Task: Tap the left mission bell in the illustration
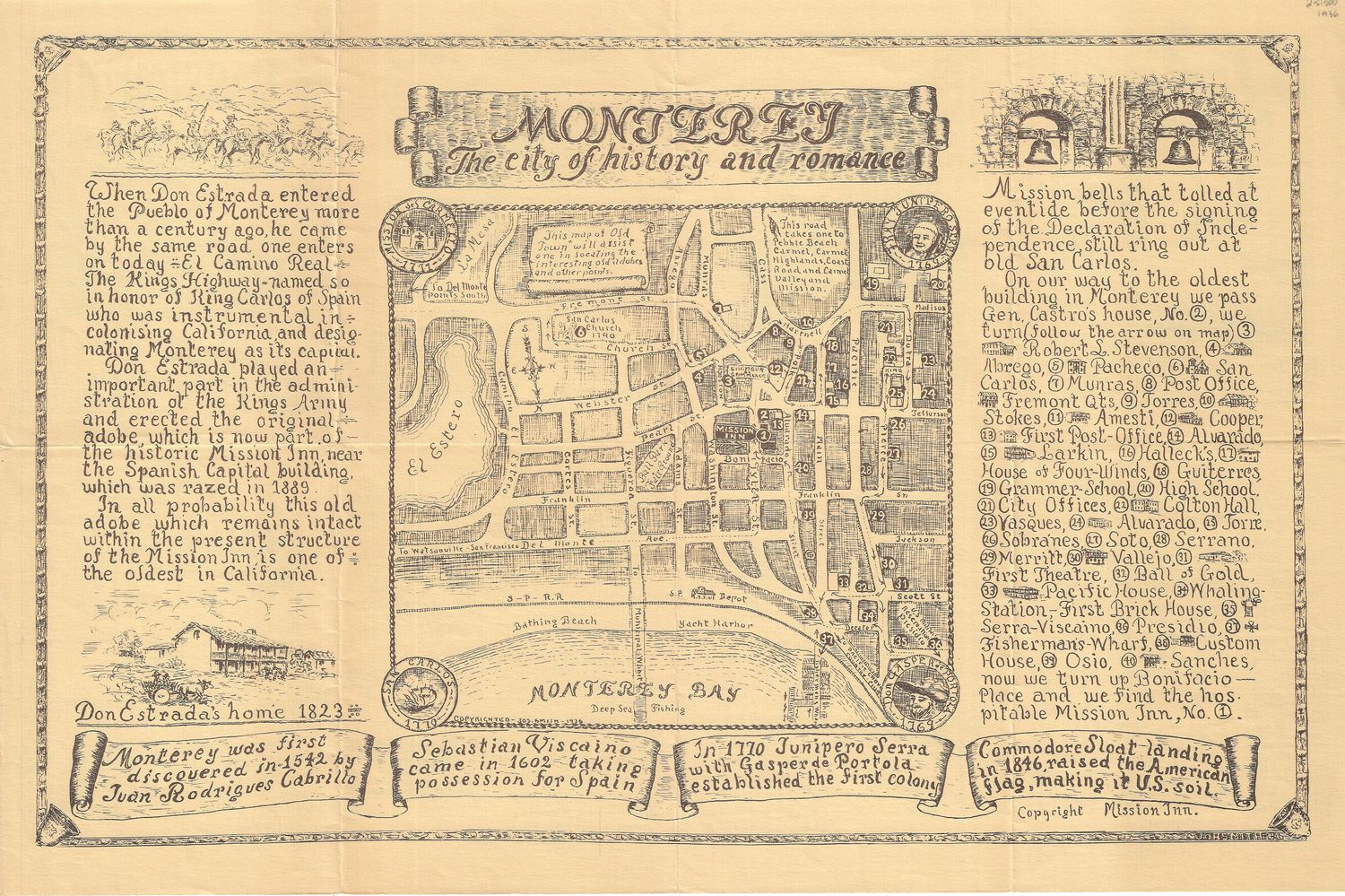(x=1041, y=146)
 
